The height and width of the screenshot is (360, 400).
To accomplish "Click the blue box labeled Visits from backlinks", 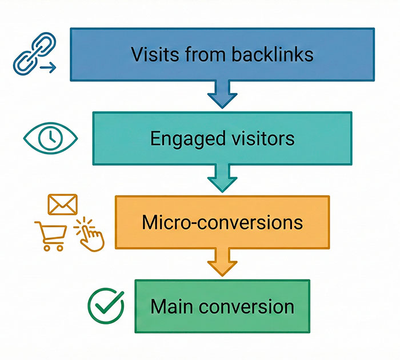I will pyautogui.click(x=222, y=54).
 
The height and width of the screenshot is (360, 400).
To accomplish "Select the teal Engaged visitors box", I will pyautogui.click(x=222, y=138).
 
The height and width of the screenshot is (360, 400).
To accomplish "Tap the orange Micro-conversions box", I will pyautogui.click(x=222, y=222).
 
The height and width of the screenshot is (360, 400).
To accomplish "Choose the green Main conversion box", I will pyautogui.click(x=222, y=306).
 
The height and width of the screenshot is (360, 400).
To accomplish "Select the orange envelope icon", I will pyautogui.click(x=62, y=204).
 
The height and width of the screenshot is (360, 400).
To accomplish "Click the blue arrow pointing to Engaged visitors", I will pyautogui.click(x=222, y=95).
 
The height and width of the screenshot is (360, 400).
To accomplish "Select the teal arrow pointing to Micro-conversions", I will pyautogui.click(x=222, y=179).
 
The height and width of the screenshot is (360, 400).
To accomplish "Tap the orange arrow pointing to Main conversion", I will pyautogui.click(x=222, y=263).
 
